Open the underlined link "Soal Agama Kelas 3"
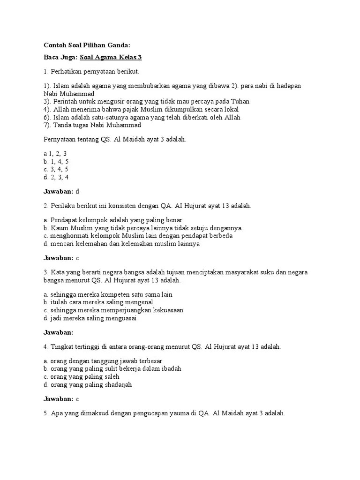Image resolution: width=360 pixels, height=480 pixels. (x=111, y=58)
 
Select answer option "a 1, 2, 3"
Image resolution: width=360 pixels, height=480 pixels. (x=55, y=153)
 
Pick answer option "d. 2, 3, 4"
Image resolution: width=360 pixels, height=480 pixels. (x=56, y=177)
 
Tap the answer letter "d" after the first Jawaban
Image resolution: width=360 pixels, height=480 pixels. (x=77, y=191)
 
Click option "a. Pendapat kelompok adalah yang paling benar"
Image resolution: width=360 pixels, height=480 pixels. (x=112, y=219)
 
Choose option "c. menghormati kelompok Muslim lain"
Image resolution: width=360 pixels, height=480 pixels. (x=144, y=235)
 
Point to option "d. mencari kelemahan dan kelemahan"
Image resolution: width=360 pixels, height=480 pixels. (x=121, y=244)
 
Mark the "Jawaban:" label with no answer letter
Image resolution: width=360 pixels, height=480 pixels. (x=58, y=332)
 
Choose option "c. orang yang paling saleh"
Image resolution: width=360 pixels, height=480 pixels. (x=81, y=376)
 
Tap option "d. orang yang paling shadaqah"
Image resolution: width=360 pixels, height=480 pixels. (x=88, y=384)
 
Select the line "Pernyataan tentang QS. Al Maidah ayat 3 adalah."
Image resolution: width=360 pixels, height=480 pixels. (x=115, y=139)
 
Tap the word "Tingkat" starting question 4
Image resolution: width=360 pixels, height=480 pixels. (x=62, y=347)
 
